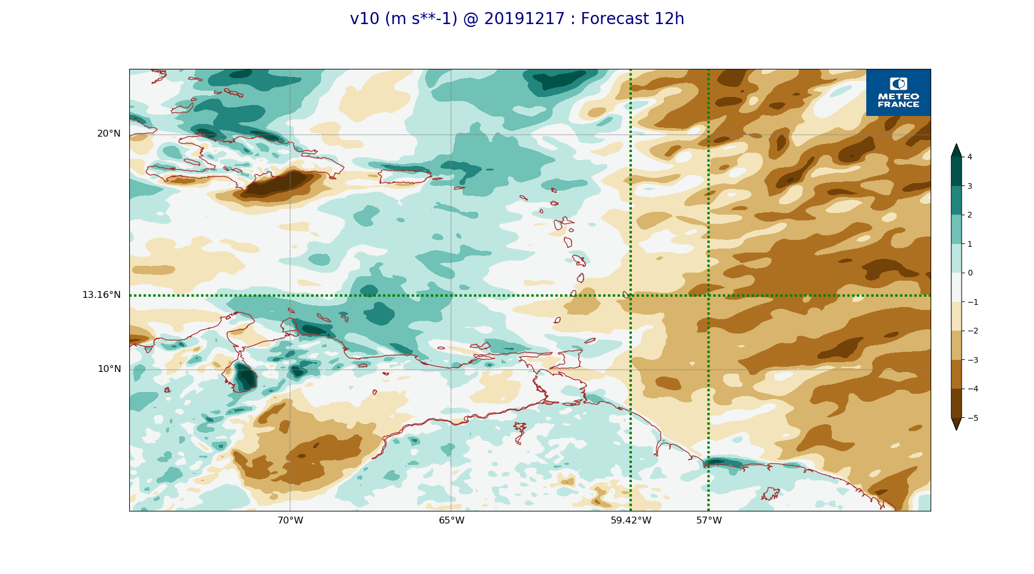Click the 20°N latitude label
(x=109, y=134)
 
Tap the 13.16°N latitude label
(x=101, y=295)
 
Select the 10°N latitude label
(x=109, y=369)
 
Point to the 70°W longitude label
(x=290, y=521)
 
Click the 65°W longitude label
(x=452, y=521)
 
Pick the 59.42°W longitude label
(x=631, y=521)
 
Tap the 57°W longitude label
(x=709, y=521)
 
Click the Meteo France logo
(x=898, y=92)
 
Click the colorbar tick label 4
(x=970, y=157)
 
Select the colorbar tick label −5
(x=973, y=418)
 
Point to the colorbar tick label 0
(x=970, y=273)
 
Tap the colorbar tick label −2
(x=973, y=331)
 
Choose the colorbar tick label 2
(x=970, y=215)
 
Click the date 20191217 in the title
(x=524, y=19)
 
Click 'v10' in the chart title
(x=365, y=19)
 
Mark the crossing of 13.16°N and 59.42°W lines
(x=631, y=296)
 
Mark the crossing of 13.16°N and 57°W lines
(x=708, y=296)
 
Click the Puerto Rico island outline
(x=404, y=176)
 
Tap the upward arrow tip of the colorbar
(x=956, y=145)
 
